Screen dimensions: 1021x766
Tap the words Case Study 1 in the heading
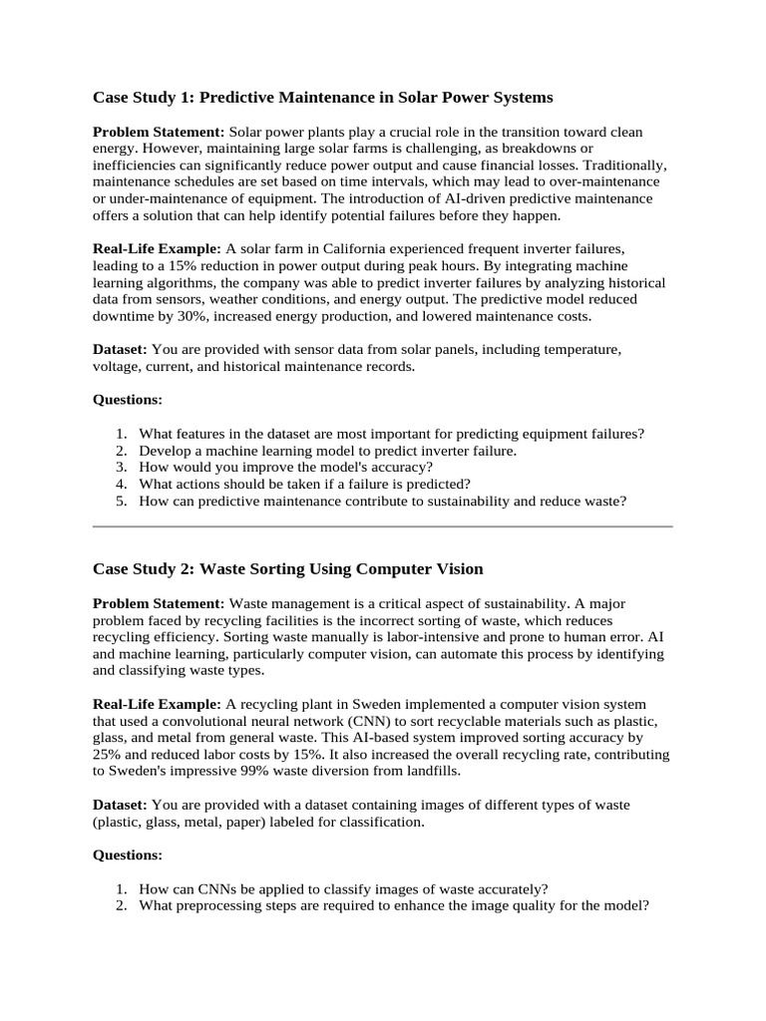pos(143,98)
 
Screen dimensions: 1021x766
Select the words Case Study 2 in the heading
pos(143,569)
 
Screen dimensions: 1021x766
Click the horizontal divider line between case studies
pos(383,525)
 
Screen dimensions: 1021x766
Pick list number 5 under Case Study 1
pos(121,502)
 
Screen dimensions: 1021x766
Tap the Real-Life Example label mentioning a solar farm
pos(157,247)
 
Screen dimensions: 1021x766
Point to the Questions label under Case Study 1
pos(128,399)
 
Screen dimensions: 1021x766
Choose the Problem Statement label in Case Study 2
pos(159,602)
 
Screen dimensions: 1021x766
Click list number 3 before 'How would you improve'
pos(121,468)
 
